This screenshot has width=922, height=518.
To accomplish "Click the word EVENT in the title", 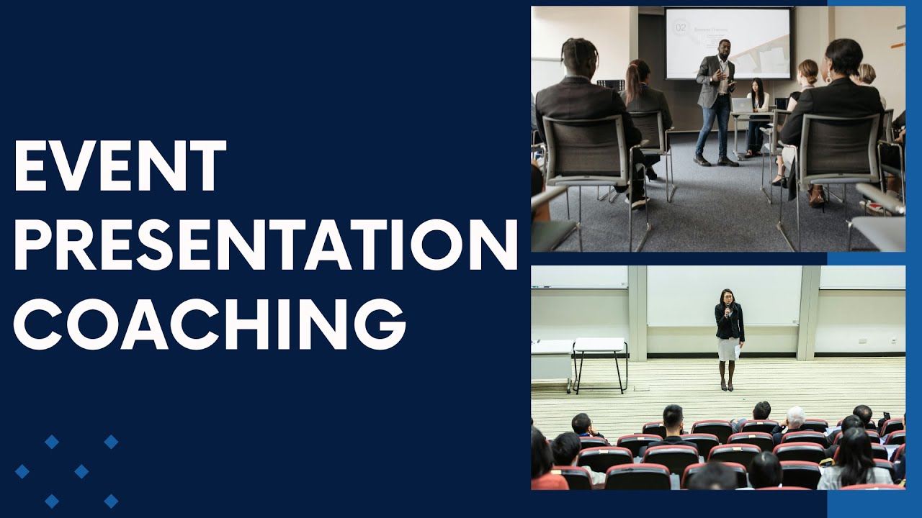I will coord(120,166).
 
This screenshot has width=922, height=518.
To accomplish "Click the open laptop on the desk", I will coord(742,105).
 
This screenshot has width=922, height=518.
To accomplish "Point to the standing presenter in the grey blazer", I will coord(715,101).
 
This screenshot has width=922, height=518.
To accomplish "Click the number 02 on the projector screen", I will coord(680,27).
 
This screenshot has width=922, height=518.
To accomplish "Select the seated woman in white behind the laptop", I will coord(757,101).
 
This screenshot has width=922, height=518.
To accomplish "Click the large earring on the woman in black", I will coord(830,75).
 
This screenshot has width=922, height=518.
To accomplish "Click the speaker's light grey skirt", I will coord(727,349).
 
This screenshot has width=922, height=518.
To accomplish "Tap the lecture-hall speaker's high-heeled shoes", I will coord(728,386).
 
